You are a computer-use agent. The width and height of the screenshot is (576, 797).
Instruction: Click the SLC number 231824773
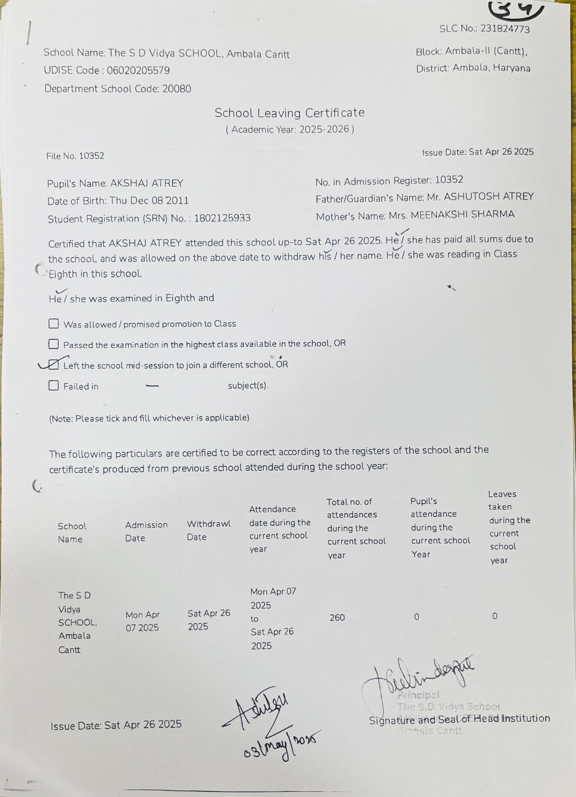(505, 29)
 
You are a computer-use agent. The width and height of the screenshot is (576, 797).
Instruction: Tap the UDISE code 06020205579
(138, 71)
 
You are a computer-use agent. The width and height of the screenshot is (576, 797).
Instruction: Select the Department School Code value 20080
(176, 88)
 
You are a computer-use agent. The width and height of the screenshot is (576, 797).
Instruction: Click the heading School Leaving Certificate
(289, 113)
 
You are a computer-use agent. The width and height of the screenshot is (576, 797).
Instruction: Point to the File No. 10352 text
(75, 156)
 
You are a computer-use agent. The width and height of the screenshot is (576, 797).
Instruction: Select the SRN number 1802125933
(222, 218)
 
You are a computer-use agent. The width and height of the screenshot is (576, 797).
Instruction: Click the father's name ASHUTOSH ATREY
(489, 196)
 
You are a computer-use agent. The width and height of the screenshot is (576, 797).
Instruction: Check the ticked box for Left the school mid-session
(54, 365)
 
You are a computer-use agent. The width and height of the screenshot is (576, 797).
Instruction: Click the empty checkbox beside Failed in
(54, 385)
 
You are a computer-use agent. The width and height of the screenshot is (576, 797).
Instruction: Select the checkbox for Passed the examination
(54, 344)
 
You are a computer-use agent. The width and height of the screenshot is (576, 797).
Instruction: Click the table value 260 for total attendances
(337, 617)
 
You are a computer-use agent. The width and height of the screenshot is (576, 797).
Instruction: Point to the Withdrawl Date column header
(208, 530)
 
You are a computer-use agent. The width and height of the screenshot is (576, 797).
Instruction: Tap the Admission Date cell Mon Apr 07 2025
(142, 621)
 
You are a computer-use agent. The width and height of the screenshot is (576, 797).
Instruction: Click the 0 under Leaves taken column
(494, 616)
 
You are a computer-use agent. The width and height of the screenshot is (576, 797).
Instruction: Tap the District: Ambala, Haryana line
(473, 68)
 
